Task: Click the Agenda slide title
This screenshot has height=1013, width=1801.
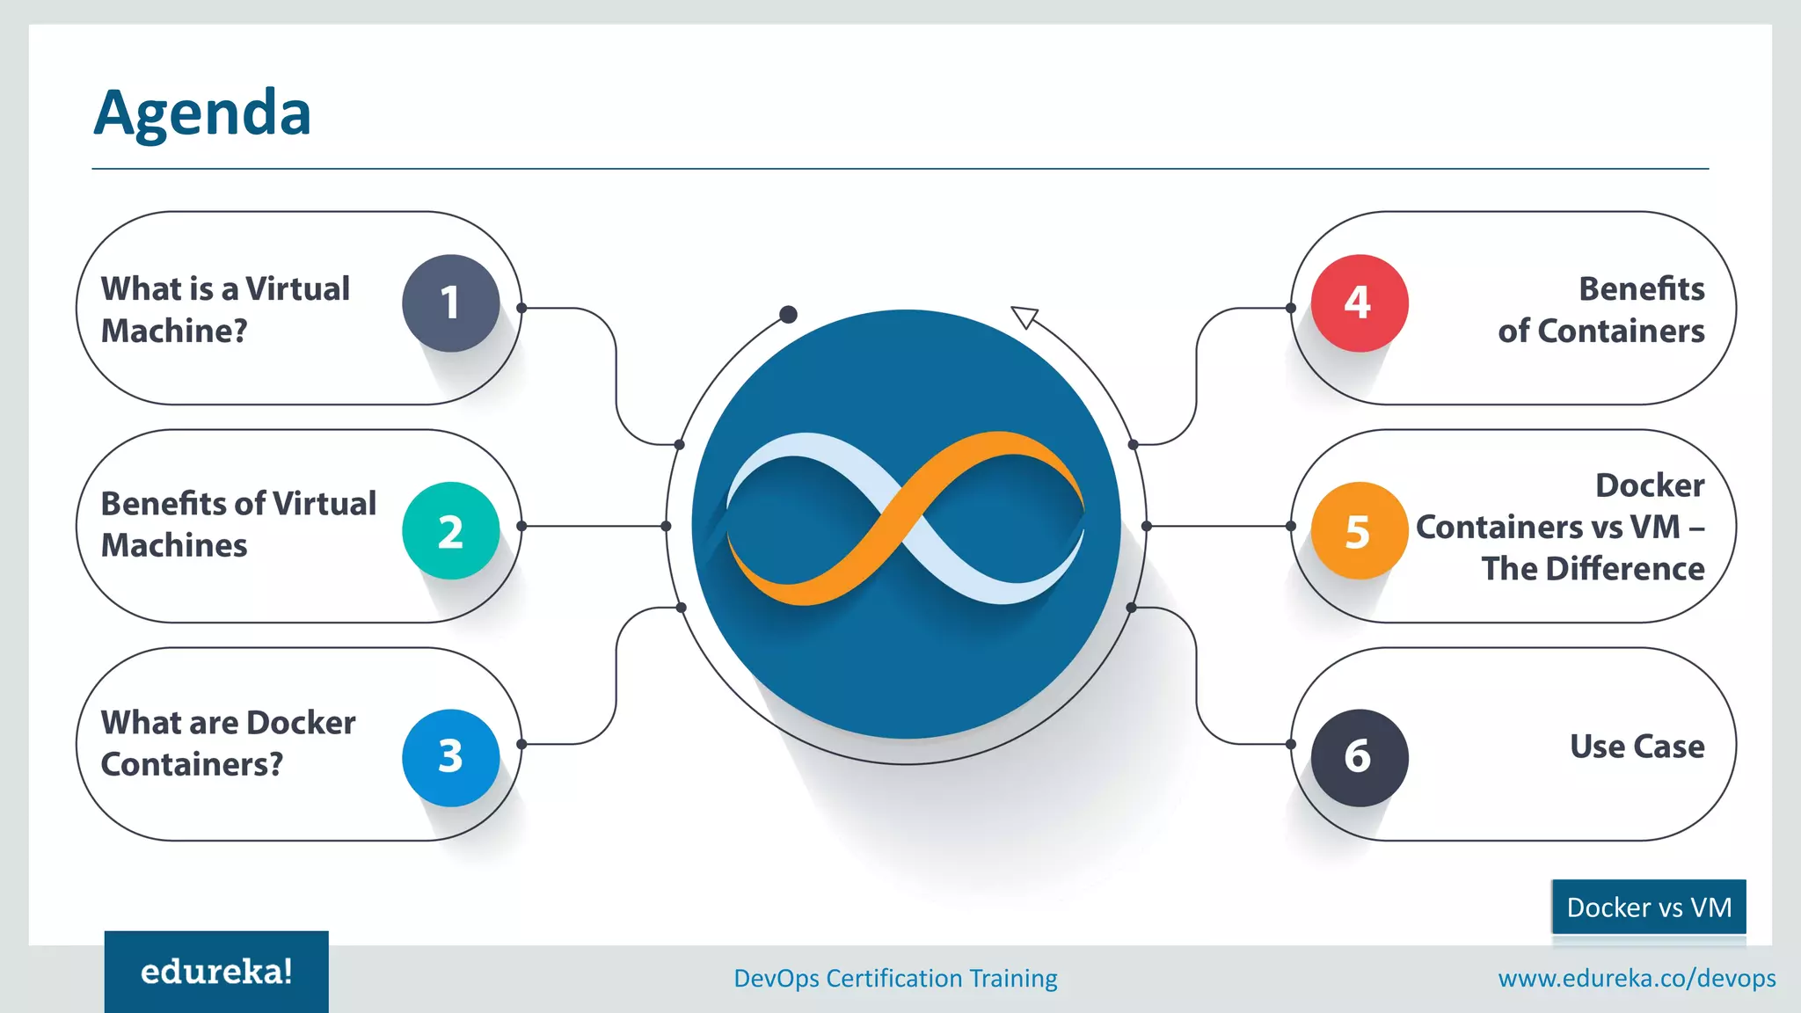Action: [x=202, y=113]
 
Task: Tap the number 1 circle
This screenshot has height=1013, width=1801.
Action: [x=450, y=303]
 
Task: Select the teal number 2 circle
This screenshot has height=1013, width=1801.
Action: [x=450, y=530]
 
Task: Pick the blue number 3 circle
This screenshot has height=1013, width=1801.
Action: [x=450, y=757]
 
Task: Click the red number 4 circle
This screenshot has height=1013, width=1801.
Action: [x=1359, y=303]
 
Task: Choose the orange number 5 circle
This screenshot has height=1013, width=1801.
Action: [x=1359, y=530]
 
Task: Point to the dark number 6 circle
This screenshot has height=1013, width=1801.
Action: [x=1359, y=757]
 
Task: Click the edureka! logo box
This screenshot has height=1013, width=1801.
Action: [x=216, y=972]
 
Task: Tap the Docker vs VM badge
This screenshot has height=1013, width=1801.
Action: [x=1649, y=907]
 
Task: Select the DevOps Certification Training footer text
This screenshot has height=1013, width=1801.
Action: [x=895, y=978]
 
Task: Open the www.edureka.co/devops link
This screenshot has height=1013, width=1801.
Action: [x=1637, y=978]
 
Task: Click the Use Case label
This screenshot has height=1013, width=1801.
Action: [x=1637, y=747]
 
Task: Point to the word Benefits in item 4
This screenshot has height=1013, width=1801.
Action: [x=1641, y=288]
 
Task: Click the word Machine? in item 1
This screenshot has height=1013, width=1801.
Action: [x=174, y=331]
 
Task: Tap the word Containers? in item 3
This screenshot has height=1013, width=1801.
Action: [x=192, y=764]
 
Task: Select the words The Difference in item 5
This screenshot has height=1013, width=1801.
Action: [x=1593, y=569]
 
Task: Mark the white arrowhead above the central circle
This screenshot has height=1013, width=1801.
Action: [x=1024, y=316]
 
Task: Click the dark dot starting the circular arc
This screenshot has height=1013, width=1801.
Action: [x=789, y=315]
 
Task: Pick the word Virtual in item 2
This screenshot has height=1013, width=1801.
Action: [x=324, y=504]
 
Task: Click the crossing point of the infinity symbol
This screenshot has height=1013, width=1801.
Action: [x=906, y=519]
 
